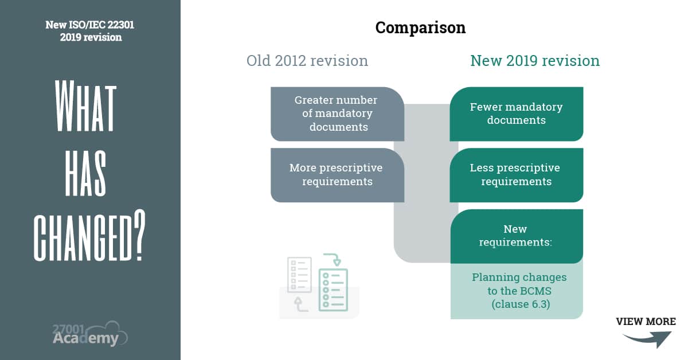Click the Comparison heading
coord(420,28)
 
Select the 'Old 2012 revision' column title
coord(307,61)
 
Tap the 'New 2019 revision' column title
coord(534,61)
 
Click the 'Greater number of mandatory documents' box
coord(337,114)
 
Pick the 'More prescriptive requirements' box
coord(337,175)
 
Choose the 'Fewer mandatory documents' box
coord(516,114)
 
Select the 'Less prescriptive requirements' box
coord(516,175)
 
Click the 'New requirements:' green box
coord(516,236)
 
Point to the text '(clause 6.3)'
coord(520,304)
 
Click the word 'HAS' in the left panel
coord(85,173)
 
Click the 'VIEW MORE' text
coord(646,322)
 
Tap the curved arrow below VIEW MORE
coord(648,339)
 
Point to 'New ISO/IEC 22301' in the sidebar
coord(91,25)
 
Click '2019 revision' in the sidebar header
coord(91,37)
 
